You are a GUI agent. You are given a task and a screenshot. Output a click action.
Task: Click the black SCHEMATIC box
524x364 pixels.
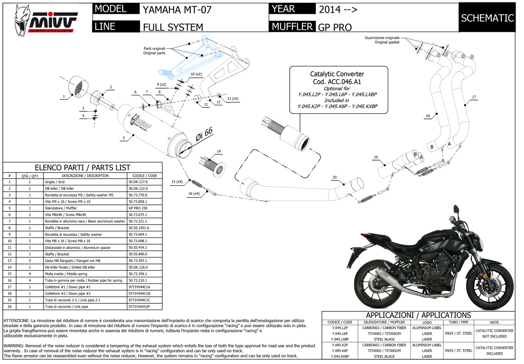tap(487, 18)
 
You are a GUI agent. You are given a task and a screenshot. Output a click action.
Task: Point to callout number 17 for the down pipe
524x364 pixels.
tap(474, 97)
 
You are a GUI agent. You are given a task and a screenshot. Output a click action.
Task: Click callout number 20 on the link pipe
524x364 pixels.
tap(334, 177)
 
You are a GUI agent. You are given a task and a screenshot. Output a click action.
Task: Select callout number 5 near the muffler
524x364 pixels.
tap(124, 138)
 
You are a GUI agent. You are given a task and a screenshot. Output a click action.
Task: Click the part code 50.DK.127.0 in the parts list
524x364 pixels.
tap(138, 182)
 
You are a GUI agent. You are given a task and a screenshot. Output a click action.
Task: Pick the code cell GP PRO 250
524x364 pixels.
tap(139, 208)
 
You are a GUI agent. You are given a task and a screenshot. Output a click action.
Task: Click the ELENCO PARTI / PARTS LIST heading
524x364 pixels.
tap(83, 168)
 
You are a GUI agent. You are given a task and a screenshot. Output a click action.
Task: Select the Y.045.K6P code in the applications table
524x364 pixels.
tap(340, 350)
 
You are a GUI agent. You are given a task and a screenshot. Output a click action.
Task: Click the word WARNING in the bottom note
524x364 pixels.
tap(15, 346)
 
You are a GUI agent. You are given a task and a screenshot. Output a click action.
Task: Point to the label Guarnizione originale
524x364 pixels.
tap(382, 37)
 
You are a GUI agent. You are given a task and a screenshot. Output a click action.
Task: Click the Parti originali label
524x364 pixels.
tap(155, 49)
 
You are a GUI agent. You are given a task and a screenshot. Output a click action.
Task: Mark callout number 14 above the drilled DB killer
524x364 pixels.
tap(219, 151)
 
